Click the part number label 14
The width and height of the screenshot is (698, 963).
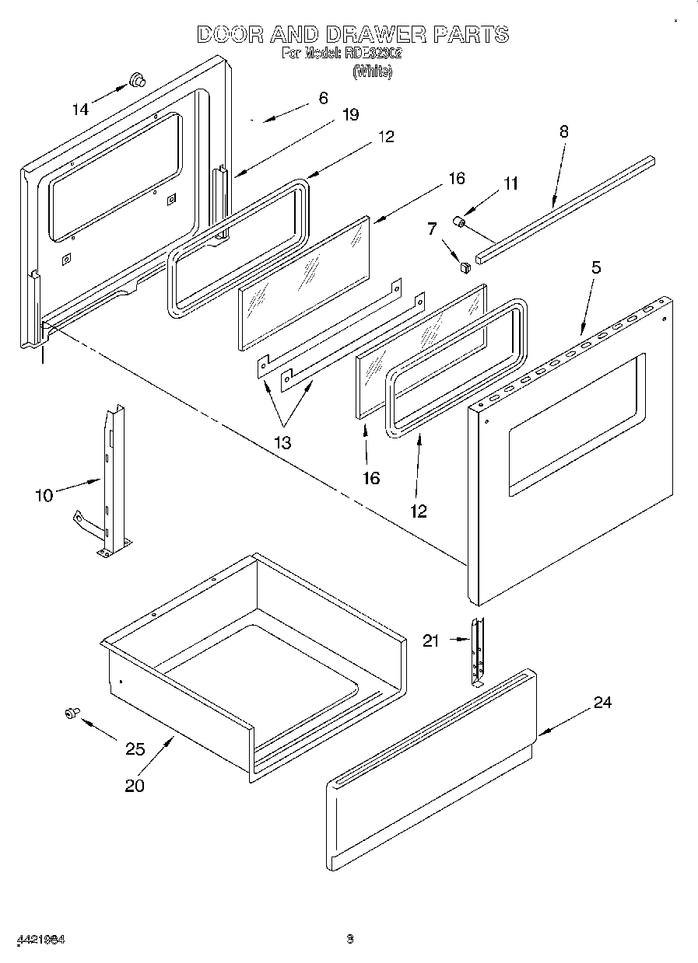[x=81, y=110]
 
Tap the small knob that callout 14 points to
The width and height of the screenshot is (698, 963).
[x=138, y=79]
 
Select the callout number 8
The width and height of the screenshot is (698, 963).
[x=564, y=131]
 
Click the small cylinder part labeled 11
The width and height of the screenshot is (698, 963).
[x=460, y=223]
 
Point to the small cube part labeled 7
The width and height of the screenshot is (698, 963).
[x=466, y=267]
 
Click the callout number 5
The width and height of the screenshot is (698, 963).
[x=596, y=267]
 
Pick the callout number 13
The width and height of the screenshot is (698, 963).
[x=282, y=443]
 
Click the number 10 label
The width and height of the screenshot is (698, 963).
[x=44, y=495]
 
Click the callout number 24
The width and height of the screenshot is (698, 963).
[x=602, y=703]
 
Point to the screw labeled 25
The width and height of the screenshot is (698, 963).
[x=72, y=712]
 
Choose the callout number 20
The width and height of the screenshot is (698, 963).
[x=135, y=785]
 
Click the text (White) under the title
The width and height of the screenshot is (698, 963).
[x=372, y=72]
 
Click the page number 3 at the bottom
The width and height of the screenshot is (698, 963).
[x=350, y=939]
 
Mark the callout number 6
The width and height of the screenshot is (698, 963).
[x=323, y=98]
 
